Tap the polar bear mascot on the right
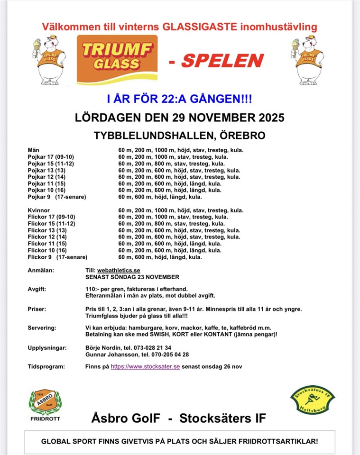[309, 61]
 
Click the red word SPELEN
[222, 61]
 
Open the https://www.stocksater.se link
[145, 366]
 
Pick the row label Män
[34, 150]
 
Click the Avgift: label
[37, 289]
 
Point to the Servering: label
[42, 328]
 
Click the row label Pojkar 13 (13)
[46, 170]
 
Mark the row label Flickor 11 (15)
[47, 244]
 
